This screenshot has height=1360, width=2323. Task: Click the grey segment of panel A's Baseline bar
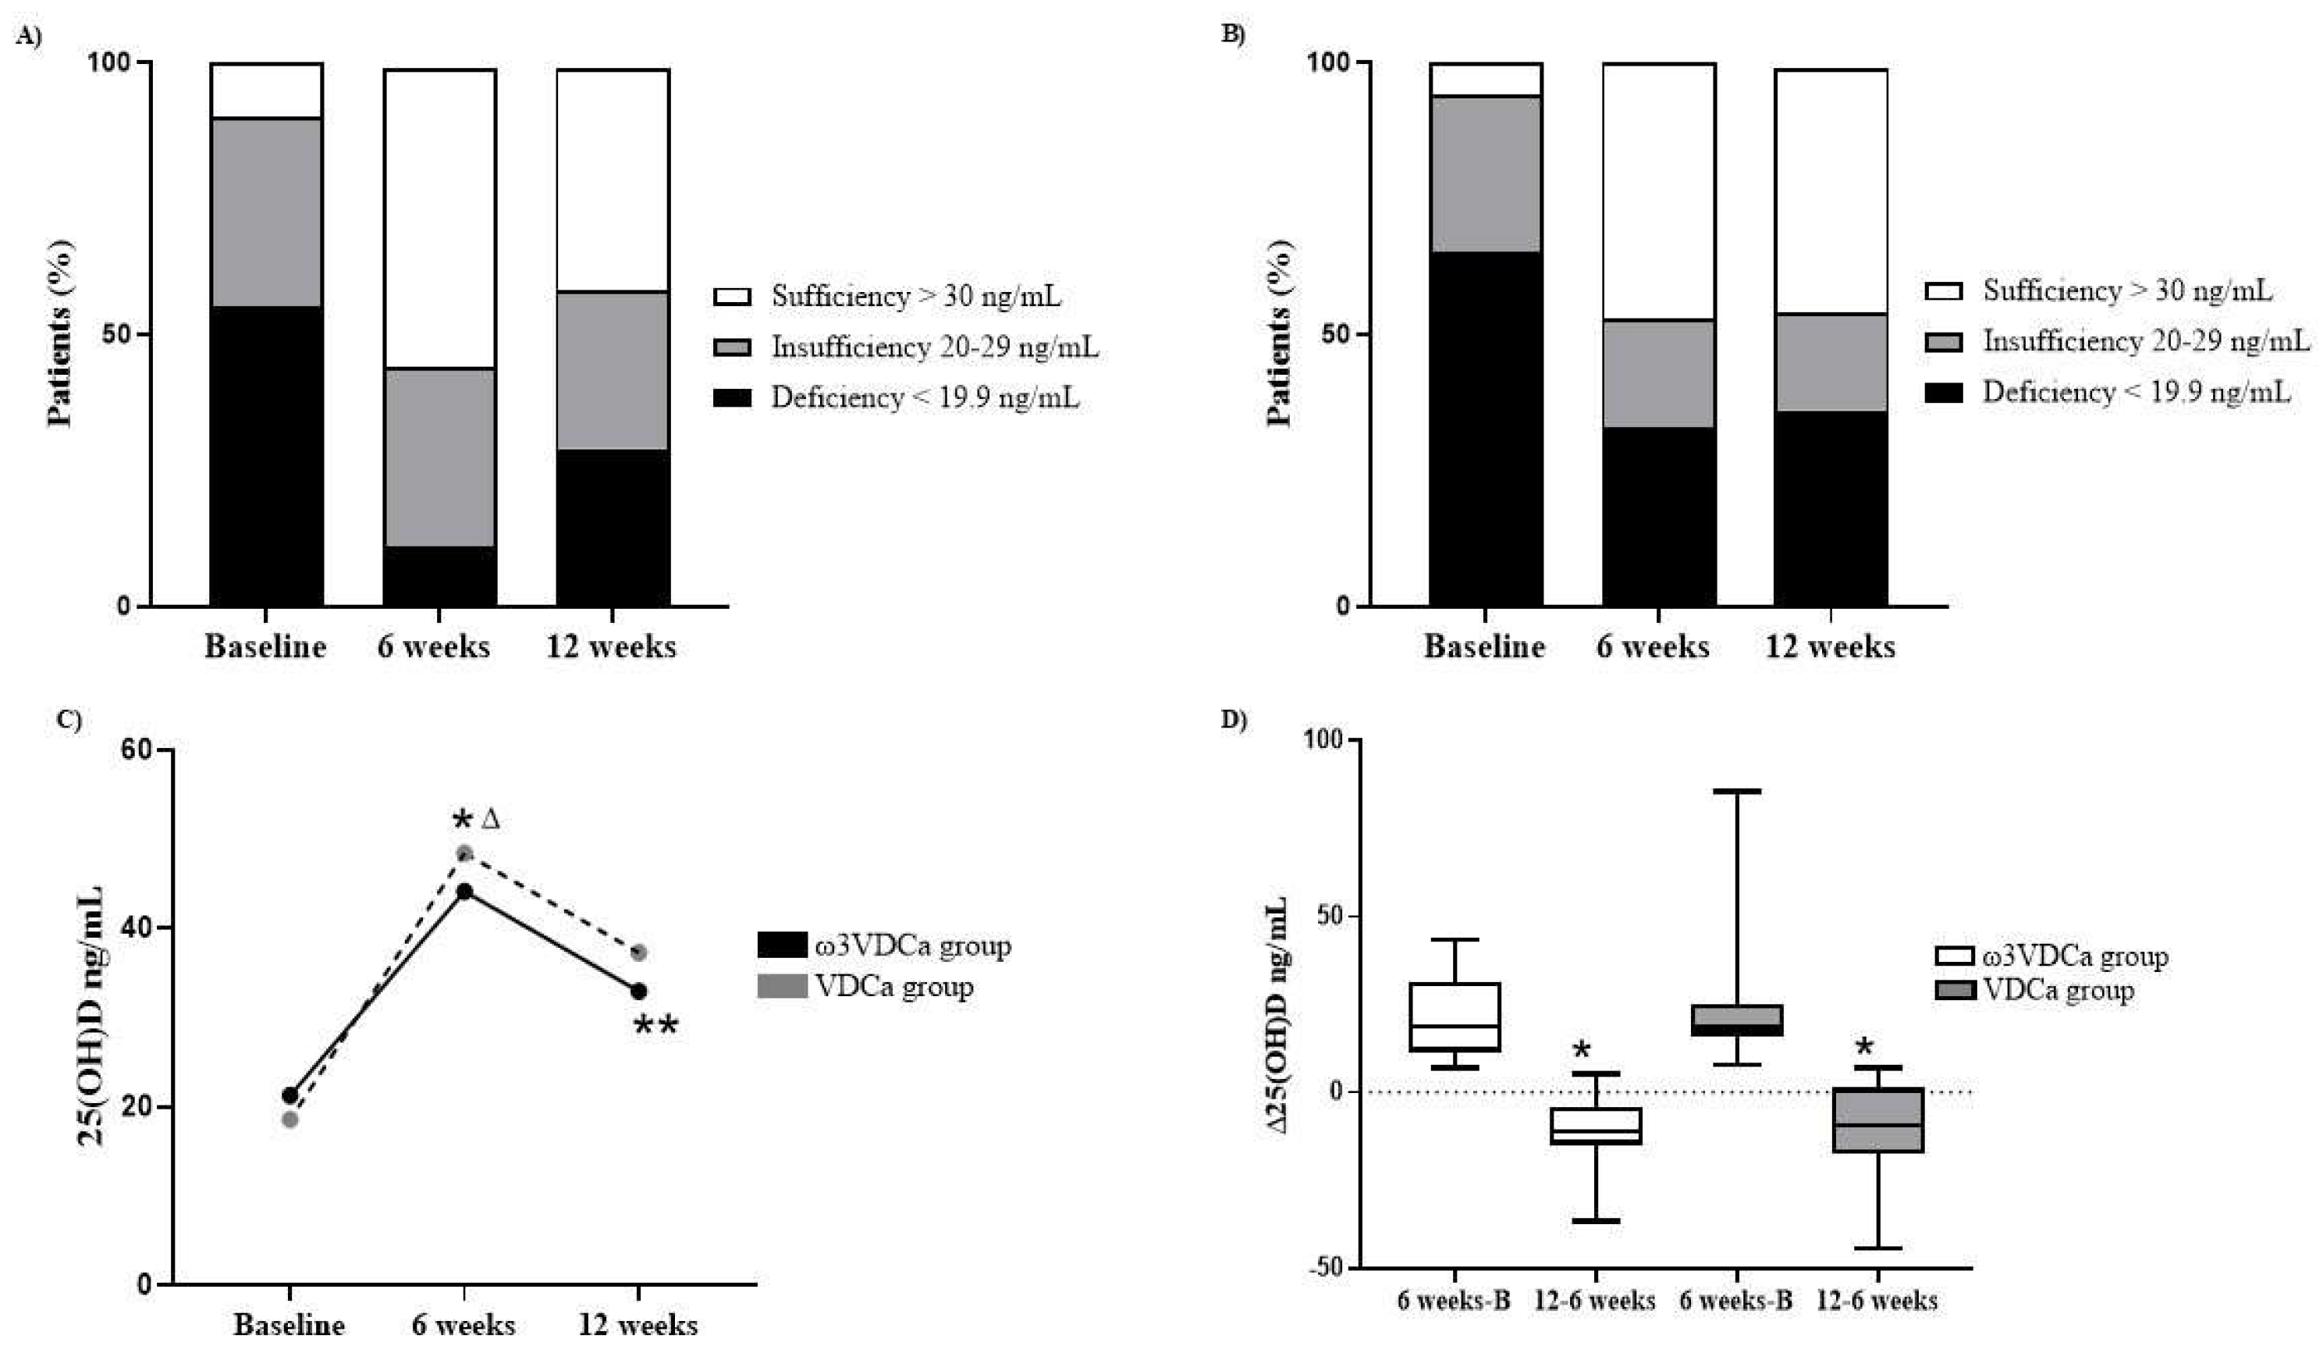click(x=265, y=212)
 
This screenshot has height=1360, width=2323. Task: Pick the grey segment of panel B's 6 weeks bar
click(x=1658, y=373)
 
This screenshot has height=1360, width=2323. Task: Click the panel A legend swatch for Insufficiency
click(x=733, y=347)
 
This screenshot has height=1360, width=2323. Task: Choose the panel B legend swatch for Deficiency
click(x=1944, y=393)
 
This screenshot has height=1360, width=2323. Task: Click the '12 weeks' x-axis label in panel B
click(x=1830, y=647)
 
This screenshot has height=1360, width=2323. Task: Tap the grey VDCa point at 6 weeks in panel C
click(x=464, y=853)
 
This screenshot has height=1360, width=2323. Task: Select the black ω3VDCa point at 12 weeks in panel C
click(x=638, y=992)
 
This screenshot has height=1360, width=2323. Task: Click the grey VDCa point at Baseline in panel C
click(x=289, y=1120)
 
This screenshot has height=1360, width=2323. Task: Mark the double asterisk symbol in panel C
click(x=655, y=1025)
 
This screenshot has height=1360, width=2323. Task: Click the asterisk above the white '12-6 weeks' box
click(x=1582, y=1050)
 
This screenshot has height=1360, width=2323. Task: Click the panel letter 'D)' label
click(x=1234, y=720)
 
